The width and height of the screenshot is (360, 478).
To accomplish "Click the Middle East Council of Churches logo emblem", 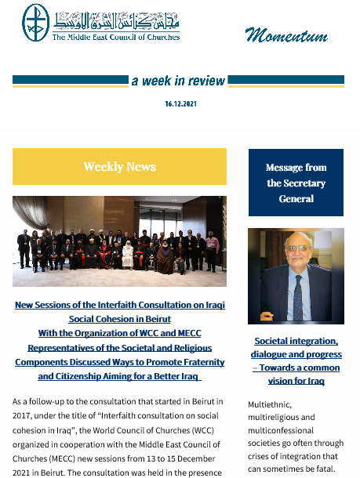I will [x=36, y=24].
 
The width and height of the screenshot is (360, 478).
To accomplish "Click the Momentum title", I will [x=285, y=34].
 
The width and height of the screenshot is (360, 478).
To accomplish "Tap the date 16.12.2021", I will [x=180, y=103].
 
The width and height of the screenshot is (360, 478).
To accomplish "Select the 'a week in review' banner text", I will [x=179, y=81].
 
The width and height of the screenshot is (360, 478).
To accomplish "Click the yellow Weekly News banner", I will [x=119, y=166].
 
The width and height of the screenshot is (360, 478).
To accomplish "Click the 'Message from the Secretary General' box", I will [x=296, y=183].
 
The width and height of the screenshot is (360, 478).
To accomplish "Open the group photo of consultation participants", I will [x=119, y=241].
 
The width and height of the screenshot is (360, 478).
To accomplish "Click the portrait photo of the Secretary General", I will [x=296, y=276].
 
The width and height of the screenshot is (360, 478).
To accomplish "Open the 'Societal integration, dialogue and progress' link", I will [x=296, y=361].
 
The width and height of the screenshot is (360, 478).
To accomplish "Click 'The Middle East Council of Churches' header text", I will [x=115, y=37].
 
